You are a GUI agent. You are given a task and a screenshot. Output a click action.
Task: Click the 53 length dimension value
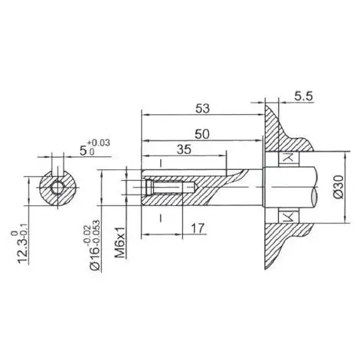[x=202, y=109]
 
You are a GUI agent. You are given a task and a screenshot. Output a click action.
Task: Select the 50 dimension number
[x=202, y=134]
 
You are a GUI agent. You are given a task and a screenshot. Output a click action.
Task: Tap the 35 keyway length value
[x=184, y=149]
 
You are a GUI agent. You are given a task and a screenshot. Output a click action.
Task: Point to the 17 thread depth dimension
[x=198, y=228]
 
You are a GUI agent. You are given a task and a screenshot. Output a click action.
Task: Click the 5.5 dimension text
[x=303, y=97]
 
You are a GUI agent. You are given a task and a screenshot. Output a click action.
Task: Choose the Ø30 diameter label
[x=339, y=187]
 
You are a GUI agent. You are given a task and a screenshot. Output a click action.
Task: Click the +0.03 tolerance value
[x=99, y=143]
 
